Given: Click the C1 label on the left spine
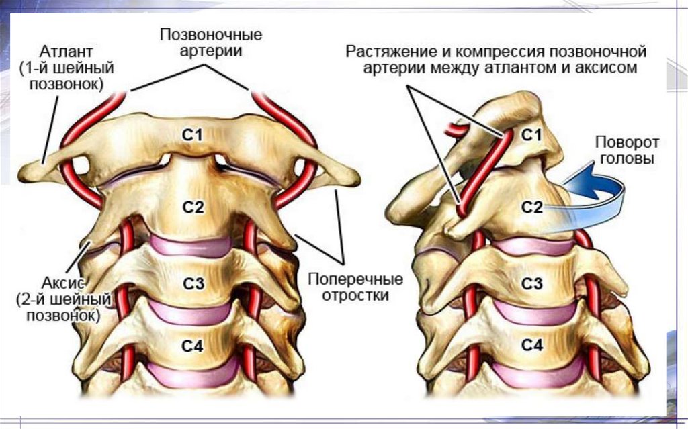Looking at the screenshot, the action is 193,134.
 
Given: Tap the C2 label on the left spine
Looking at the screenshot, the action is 193,207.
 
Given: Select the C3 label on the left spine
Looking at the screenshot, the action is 193,284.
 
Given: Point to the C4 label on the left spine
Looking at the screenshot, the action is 193,346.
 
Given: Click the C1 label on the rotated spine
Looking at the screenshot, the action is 531,135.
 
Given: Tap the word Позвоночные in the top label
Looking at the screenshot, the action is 210,34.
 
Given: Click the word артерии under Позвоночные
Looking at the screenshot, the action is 210,50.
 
